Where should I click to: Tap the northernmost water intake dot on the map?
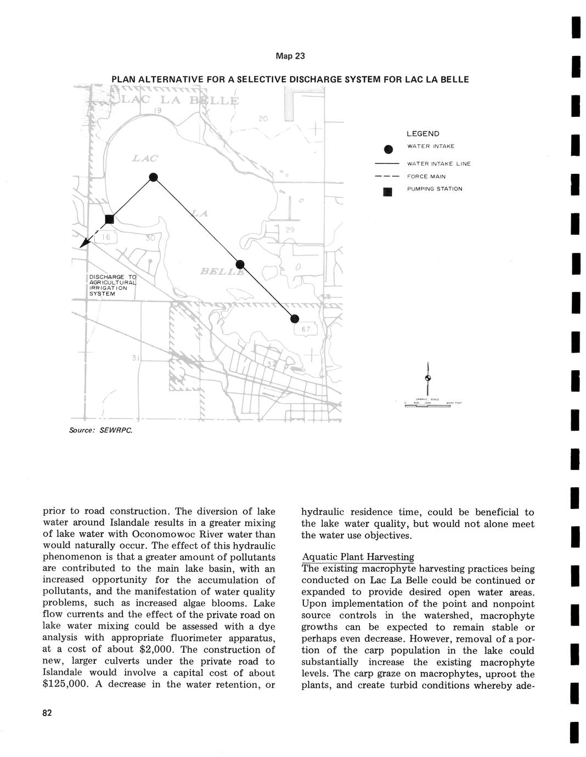point(154,177)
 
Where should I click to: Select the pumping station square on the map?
point(109,219)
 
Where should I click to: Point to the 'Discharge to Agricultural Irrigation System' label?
point(112,285)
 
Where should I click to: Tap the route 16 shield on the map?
point(105,238)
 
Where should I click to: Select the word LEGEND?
point(422,134)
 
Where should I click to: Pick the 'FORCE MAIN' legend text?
point(426,177)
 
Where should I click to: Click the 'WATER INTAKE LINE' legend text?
point(438,163)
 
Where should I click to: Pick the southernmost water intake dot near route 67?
point(295,319)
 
